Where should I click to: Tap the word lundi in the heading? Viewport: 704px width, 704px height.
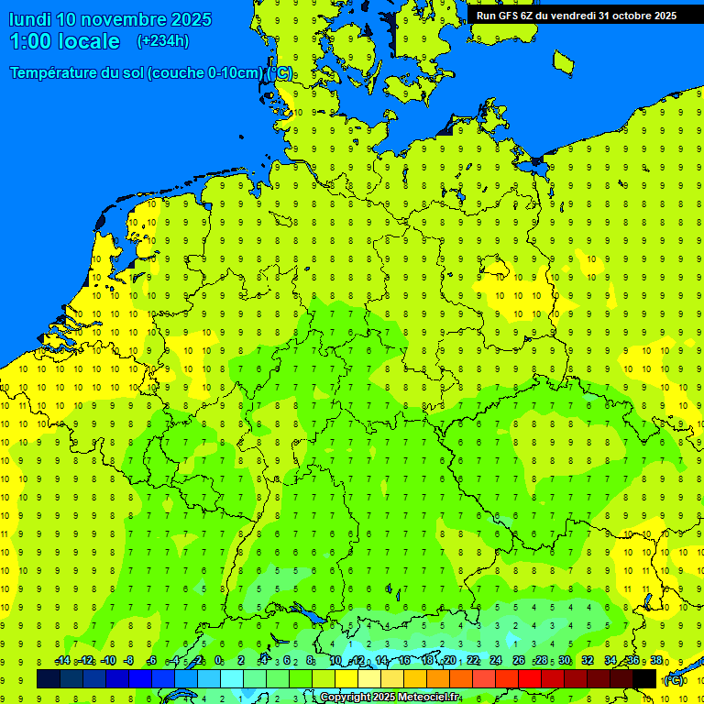[x=30, y=19]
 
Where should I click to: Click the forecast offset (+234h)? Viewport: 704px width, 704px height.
[x=163, y=41]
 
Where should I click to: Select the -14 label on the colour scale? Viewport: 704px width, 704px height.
[x=62, y=661]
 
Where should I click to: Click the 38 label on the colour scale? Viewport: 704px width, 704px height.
[x=656, y=661]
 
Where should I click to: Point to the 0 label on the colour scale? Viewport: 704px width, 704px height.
[x=218, y=661]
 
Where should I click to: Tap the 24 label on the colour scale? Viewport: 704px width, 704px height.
[x=496, y=661]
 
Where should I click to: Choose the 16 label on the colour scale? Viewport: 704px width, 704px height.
[x=404, y=661]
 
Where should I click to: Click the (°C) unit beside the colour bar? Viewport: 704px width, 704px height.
[x=673, y=679]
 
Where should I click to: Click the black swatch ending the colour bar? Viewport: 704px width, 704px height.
[x=644, y=679]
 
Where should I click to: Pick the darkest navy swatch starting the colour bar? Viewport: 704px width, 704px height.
[x=49, y=679]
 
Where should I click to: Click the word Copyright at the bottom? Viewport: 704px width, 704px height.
[x=346, y=698]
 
